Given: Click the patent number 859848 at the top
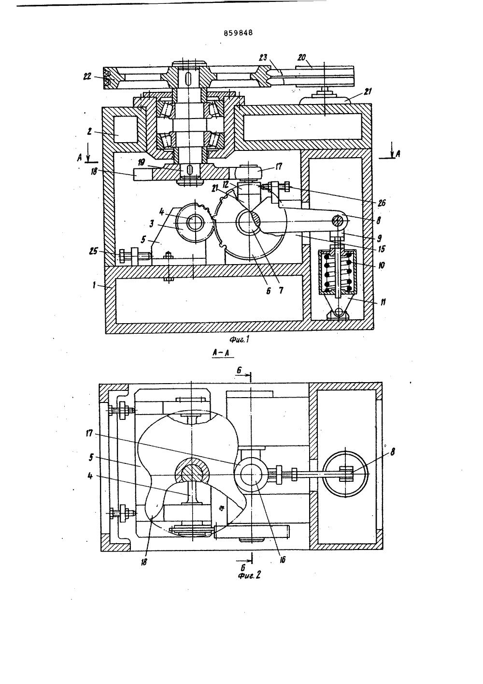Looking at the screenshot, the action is pyautogui.click(x=238, y=33).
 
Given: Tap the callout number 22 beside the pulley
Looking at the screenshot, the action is pyautogui.click(x=87, y=76).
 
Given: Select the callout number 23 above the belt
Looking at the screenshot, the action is pyautogui.click(x=263, y=58).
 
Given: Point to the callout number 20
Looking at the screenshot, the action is pyautogui.click(x=302, y=57).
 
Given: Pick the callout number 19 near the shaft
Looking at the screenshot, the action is pyautogui.click(x=141, y=162).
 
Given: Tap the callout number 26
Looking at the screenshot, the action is pyautogui.click(x=382, y=203).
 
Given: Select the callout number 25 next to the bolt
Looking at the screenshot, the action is pyautogui.click(x=93, y=251).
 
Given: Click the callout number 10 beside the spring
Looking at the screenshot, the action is pyautogui.click(x=381, y=265).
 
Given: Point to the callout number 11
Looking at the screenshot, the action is pyautogui.click(x=383, y=302).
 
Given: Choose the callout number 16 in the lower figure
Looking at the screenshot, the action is pyautogui.click(x=283, y=560).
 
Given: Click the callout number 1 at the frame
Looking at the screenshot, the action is pyautogui.click(x=94, y=285).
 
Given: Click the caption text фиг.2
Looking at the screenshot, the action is pyautogui.click(x=249, y=576).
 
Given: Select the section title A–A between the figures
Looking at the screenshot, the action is pyautogui.click(x=221, y=353).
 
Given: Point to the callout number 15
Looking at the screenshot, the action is pyautogui.click(x=382, y=249).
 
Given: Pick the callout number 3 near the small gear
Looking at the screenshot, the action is pyautogui.click(x=151, y=224).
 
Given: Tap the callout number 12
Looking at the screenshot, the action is pyautogui.click(x=234, y=185).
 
